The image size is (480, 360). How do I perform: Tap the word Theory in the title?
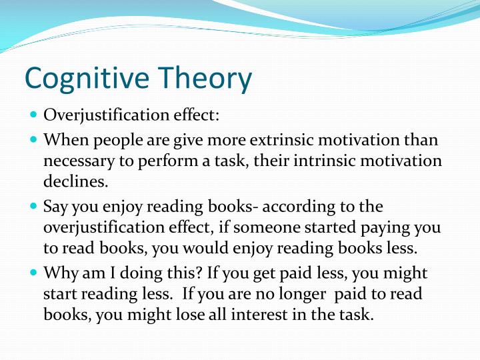(x=206, y=79)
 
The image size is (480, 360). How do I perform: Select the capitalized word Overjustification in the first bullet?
(x=99, y=115)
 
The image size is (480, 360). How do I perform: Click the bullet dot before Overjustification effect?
(x=34, y=114)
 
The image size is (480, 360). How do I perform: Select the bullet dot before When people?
(x=34, y=140)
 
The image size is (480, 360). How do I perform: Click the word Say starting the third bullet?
(x=55, y=207)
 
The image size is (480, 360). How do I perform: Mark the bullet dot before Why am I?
(x=34, y=272)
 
